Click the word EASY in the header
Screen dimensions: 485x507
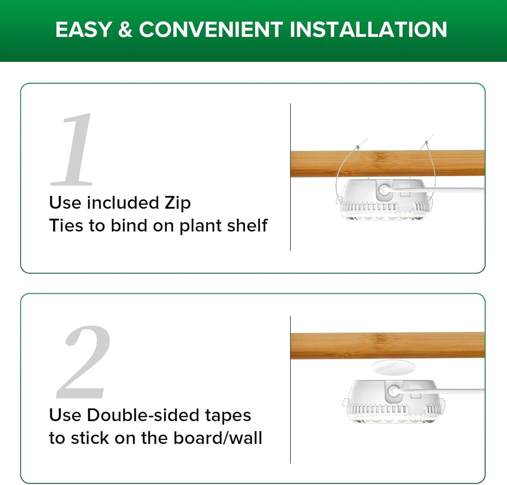83,29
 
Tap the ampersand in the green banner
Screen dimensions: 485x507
125,29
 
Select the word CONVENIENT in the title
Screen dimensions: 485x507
211,29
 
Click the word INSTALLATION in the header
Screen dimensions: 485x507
368,29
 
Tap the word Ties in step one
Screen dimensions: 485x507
66,226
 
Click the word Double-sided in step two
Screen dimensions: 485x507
143,415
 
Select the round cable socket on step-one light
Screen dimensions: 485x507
384,190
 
